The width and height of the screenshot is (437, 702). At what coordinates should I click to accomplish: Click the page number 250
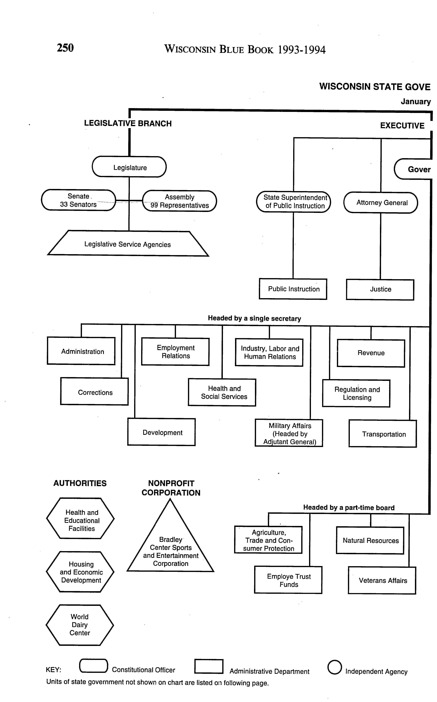(x=65, y=48)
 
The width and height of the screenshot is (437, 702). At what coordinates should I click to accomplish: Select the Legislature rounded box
(x=129, y=167)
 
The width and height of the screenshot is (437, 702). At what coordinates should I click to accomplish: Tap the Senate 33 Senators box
(x=78, y=200)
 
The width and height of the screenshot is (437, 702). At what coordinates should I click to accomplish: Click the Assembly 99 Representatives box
(x=179, y=201)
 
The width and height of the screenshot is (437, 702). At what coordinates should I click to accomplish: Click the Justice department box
(x=380, y=289)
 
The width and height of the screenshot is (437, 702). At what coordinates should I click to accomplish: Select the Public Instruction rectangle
(x=293, y=289)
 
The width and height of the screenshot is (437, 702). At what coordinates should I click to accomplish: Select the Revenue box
(x=371, y=353)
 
